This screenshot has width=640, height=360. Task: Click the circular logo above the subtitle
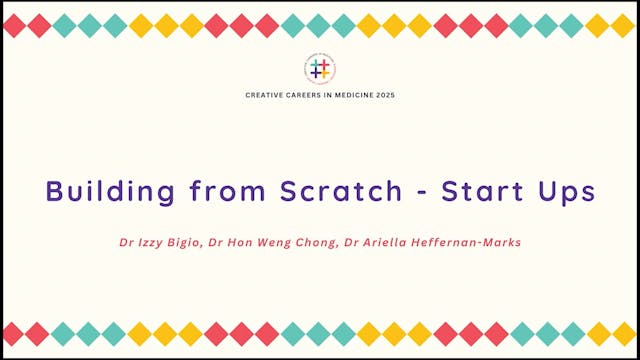[x=320, y=68]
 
